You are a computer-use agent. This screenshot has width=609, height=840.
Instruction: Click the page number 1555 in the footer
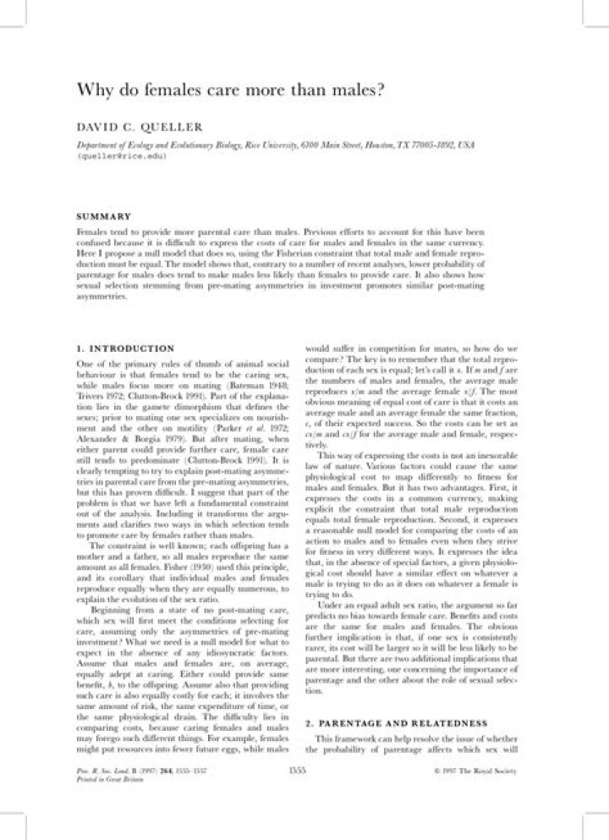click(297, 771)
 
